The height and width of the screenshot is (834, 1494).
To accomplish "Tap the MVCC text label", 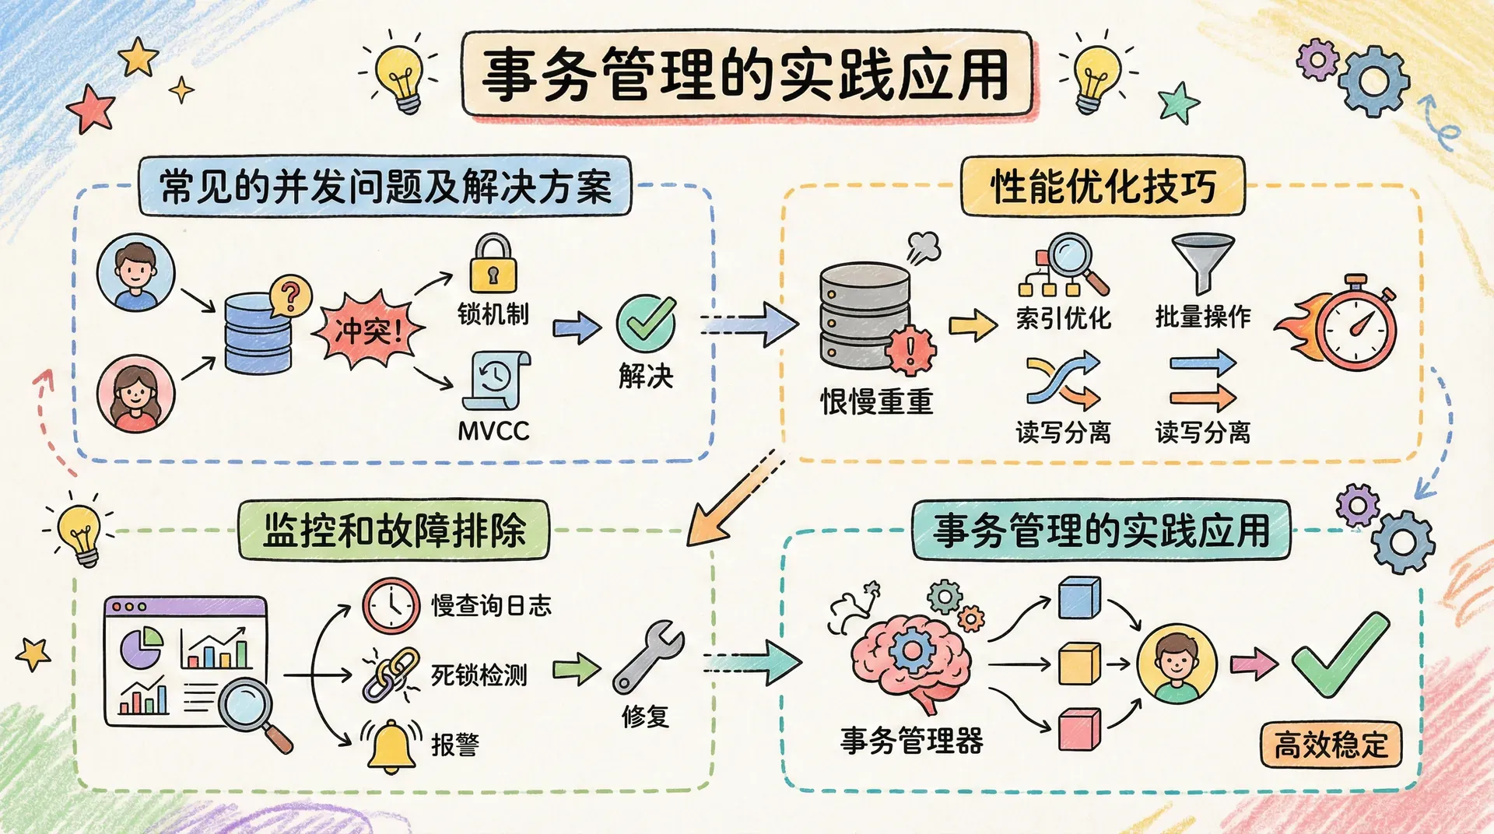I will [493, 431].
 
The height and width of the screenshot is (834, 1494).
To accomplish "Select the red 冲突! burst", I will [368, 331].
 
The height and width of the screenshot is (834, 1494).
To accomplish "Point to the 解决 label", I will [646, 377].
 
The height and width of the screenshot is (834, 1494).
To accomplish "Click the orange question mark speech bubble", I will [290, 296].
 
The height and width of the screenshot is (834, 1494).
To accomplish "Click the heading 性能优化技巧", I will [1103, 187].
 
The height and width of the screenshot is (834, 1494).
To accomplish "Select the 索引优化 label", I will [1063, 318].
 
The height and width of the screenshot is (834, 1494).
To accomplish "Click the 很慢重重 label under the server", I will [876, 402].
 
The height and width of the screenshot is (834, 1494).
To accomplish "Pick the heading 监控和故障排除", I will [394, 531].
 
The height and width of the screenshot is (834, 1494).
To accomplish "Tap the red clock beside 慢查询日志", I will [391, 605].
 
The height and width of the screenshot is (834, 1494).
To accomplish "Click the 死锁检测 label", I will [479, 675].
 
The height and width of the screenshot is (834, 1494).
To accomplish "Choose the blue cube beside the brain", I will [1079, 597].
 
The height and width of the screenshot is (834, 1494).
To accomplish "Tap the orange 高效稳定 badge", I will [1331, 745].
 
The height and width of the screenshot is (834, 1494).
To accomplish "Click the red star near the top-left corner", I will [91, 109].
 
